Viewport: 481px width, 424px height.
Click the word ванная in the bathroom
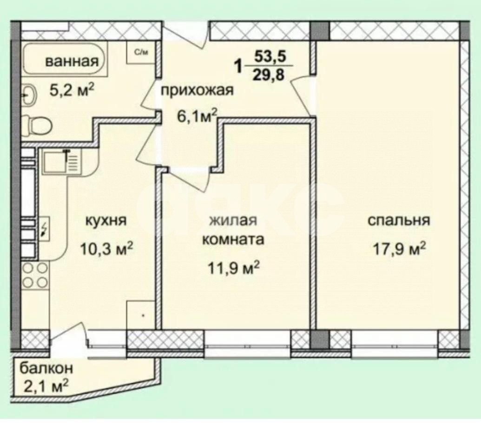(x=72, y=61)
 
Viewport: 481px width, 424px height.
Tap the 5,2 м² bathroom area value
(x=72, y=90)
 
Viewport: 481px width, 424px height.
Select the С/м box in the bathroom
(x=141, y=52)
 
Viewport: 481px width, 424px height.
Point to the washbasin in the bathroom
(x=29, y=96)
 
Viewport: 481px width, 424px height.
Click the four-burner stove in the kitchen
(x=35, y=275)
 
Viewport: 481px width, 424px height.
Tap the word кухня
(x=106, y=220)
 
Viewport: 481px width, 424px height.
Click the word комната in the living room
(x=232, y=240)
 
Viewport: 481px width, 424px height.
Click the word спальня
(x=398, y=220)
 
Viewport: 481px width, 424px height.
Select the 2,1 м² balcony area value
(x=46, y=385)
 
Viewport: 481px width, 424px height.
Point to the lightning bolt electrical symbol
(x=44, y=229)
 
